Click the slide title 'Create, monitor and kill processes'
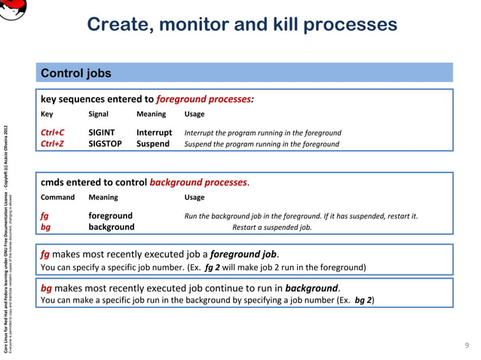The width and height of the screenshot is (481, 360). (241, 24)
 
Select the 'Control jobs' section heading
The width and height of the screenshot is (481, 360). (75, 73)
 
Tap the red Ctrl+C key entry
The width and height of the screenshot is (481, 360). (52, 133)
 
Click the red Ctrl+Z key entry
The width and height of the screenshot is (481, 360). (52, 144)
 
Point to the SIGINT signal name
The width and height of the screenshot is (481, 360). (102, 133)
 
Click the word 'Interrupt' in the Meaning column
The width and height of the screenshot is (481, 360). (154, 133)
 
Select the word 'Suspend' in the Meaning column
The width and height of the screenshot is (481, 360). (152, 144)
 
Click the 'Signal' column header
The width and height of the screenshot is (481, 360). (98, 114)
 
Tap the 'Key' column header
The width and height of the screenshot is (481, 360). (47, 114)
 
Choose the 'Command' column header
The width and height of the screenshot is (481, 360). (57, 197)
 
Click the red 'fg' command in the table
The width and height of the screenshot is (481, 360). (44, 216)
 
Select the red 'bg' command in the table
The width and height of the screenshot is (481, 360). (45, 227)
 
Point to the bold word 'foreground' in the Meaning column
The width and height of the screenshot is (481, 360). (110, 216)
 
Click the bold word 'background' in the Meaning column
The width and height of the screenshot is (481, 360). (112, 227)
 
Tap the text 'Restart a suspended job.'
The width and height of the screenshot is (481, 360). (271, 227)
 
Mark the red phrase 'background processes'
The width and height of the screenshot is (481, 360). (198, 182)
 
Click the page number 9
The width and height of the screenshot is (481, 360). (466, 345)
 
